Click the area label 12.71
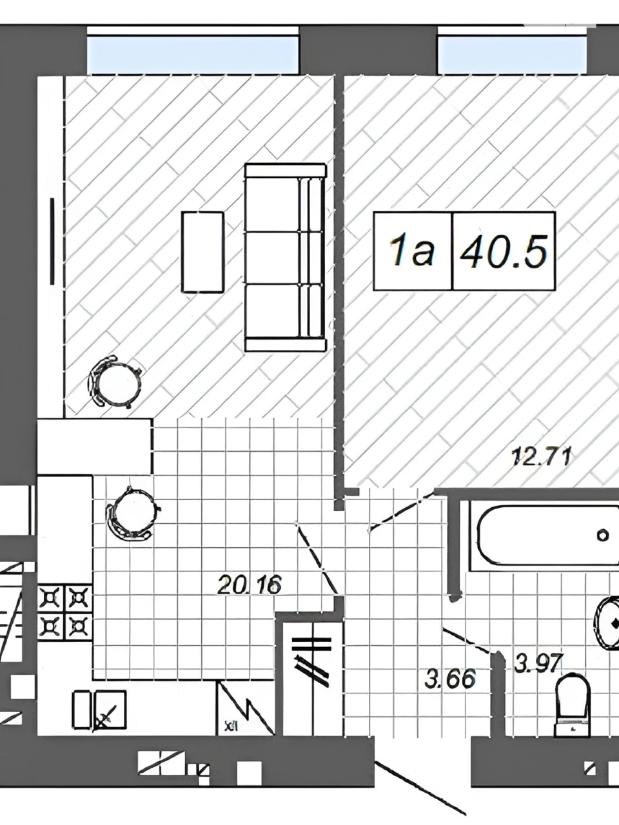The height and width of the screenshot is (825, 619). tap(541, 457)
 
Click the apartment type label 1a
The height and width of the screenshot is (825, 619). tap(412, 251)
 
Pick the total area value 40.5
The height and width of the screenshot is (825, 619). tap(504, 251)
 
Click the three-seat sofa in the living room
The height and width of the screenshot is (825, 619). tap(285, 257)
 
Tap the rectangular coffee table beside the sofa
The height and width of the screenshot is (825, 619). tap(202, 252)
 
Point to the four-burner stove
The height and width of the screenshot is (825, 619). tap(65, 612)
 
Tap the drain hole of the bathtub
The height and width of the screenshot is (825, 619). tap(602, 534)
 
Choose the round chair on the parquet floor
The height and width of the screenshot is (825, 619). tap(115, 382)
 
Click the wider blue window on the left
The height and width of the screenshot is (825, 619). tap(193, 55)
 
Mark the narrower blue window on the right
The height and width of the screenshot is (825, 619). tap(512, 55)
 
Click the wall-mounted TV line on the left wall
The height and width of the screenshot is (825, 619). tap(52, 241)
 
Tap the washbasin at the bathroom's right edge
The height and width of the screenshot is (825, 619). tap(607, 623)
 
